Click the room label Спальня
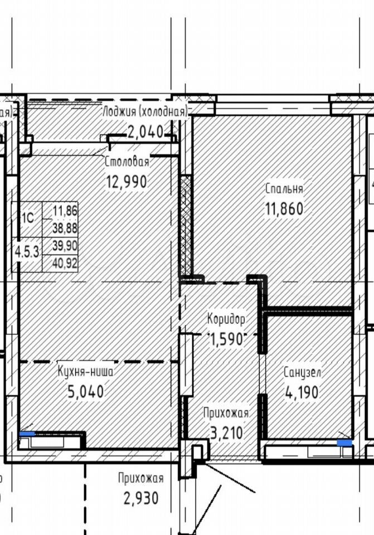point(284,189)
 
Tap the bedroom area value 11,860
point(284,209)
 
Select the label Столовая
point(127,162)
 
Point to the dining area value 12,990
point(127,182)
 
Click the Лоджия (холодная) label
point(145,111)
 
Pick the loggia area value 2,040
point(145,132)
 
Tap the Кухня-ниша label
point(85,371)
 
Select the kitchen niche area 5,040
point(86,391)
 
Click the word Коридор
point(226,319)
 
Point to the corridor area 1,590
point(227,339)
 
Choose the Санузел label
point(302,373)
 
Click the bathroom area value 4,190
point(302,392)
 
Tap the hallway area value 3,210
point(227,433)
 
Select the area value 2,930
point(141,498)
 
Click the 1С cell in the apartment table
point(28,218)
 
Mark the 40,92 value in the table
point(65,264)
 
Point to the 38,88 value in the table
point(65,228)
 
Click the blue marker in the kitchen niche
point(27,434)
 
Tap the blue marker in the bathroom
point(344,443)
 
